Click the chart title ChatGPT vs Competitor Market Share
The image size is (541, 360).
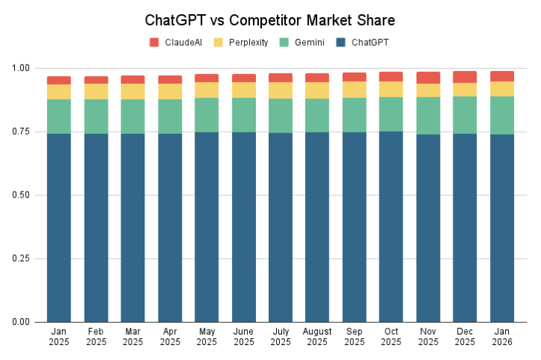point(270,19)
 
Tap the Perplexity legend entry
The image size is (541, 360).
point(241,43)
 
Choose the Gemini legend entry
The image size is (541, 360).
point(303,43)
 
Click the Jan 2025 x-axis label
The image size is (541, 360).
point(59,336)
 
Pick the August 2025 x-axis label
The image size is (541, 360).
point(317,336)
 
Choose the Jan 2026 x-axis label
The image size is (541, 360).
point(502,336)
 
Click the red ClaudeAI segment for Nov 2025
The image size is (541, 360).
point(428,78)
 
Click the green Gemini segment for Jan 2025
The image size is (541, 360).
point(59,116)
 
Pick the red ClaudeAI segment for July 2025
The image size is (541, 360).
point(281,77)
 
